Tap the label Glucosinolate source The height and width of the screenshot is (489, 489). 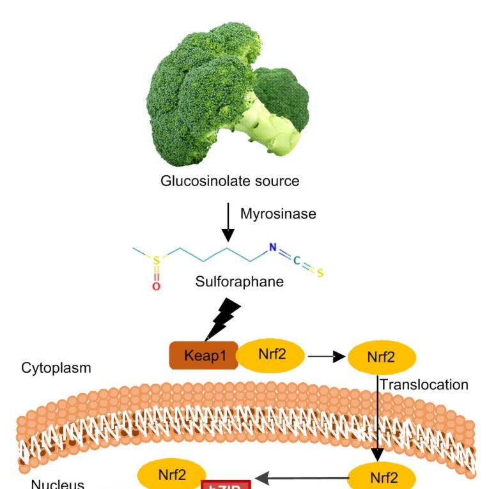tap(230, 181)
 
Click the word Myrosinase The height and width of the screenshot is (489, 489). tap(278, 214)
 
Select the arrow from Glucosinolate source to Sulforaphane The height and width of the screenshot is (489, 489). tap(226, 221)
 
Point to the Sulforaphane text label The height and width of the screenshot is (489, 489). tap(240, 281)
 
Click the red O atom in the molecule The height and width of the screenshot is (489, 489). tap(156, 286)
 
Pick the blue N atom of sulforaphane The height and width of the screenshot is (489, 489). tap(273, 247)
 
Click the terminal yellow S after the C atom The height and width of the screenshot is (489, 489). tap(320, 274)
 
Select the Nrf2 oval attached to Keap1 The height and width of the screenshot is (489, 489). tap(272, 354)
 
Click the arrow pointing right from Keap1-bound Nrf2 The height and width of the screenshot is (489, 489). tap(326, 357)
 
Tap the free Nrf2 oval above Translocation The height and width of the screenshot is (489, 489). tap(381, 357)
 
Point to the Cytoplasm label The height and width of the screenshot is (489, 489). tap(56, 368)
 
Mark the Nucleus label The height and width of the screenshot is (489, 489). tap(58, 484)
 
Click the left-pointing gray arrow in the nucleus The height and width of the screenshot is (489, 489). tap(300, 477)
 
